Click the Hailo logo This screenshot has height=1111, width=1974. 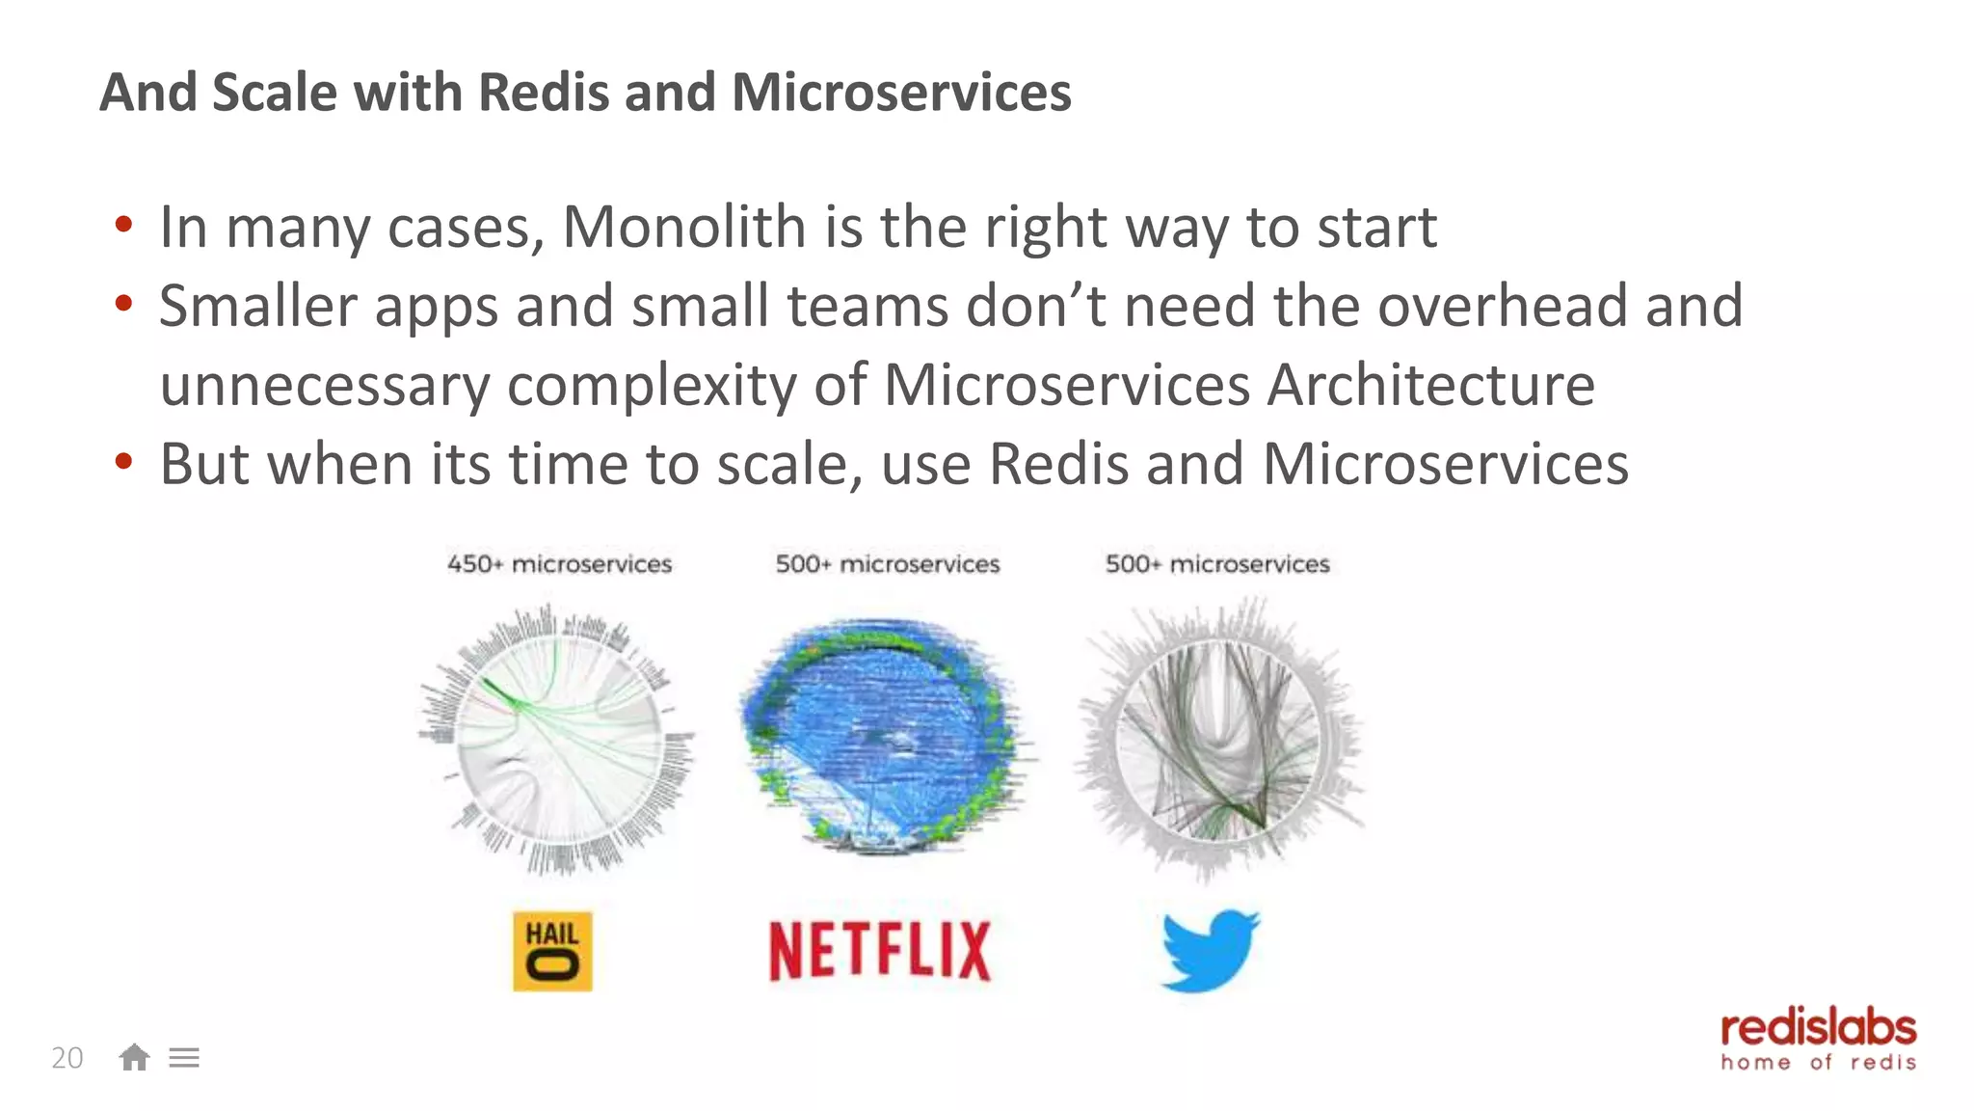552,951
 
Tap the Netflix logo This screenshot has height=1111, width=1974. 879,951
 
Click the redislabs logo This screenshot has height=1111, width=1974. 1818,1040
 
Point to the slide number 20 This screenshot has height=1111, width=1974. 67,1058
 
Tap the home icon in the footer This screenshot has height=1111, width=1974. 134,1058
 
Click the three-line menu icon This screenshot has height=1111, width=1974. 184,1058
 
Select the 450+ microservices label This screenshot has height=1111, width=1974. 559,564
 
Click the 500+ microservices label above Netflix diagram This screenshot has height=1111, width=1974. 888,564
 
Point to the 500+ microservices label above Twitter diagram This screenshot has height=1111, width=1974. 1217,564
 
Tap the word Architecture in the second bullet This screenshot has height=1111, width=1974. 1430,386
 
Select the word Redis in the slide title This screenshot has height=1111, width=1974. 543,93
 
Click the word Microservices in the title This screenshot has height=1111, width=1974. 901,93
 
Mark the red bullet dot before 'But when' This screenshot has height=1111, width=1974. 122,462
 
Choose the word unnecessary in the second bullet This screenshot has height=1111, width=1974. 325,386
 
